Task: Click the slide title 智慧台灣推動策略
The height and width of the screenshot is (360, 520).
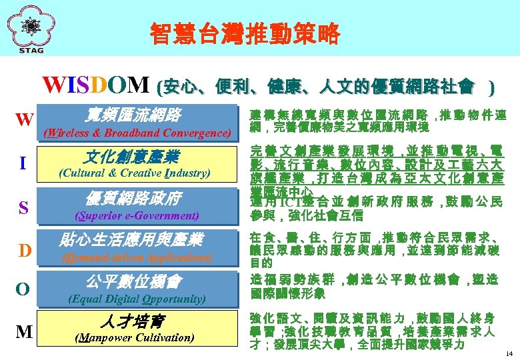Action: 245,33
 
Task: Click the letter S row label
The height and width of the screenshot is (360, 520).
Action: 23,208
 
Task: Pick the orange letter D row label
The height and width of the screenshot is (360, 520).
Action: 25,250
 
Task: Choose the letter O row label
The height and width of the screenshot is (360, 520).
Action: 23,289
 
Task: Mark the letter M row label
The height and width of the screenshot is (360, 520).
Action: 24,331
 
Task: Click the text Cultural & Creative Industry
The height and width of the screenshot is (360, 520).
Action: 135,173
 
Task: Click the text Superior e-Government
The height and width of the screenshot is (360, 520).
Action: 137,215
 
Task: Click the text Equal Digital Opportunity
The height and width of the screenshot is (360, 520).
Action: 137,298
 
